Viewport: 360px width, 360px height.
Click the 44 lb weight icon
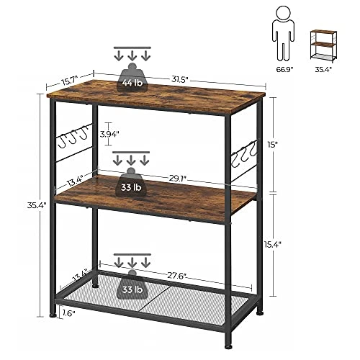coord(132,78)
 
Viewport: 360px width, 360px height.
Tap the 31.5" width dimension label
coord(179,79)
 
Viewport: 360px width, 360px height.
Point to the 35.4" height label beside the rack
coord(37,205)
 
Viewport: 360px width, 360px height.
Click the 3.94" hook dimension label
coord(109,135)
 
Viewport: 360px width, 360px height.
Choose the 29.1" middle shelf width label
coord(178,178)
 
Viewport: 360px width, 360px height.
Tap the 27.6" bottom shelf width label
coord(177,276)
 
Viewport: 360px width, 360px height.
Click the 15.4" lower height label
coord(272,244)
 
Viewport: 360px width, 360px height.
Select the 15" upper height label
coord(273,145)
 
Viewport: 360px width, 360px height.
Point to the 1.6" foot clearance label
coord(69,313)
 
